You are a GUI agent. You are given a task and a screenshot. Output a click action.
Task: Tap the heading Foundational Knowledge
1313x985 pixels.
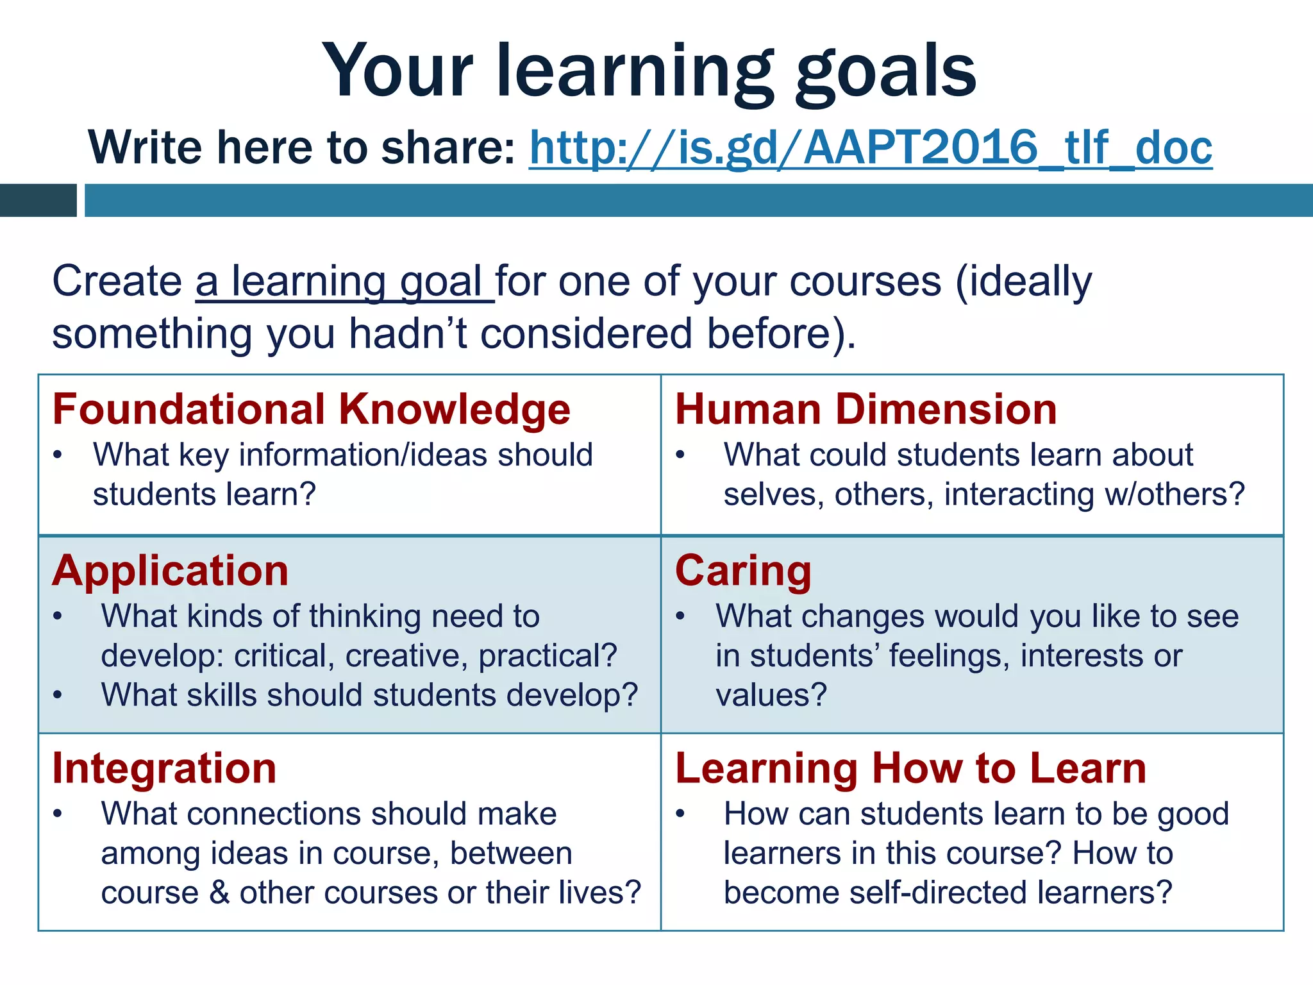click(x=312, y=409)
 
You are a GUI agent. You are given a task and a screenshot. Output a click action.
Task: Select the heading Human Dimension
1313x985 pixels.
click(x=866, y=409)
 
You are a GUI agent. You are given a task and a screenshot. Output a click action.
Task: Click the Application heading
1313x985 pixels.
click(x=171, y=571)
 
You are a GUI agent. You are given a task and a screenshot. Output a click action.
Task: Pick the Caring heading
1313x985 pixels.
click(x=743, y=571)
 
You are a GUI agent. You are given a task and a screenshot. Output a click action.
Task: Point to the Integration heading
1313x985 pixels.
click(x=164, y=768)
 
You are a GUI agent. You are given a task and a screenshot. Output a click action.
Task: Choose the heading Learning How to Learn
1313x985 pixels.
click(x=910, y=768)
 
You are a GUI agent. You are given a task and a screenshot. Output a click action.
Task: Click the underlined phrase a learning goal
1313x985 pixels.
click(x=344, y=282)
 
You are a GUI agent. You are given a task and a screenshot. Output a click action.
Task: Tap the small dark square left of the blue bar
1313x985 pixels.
click(x=38, y=200)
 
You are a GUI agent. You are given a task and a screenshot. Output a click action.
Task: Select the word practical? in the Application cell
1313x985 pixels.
click(x=548, y=656)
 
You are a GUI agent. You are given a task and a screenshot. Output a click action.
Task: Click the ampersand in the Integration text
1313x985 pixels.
click(x=219, y=893)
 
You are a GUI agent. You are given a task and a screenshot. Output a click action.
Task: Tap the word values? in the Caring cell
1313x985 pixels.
click(x=771, y=695)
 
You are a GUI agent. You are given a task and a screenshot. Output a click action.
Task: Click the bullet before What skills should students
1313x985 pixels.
click(x=58, y=695)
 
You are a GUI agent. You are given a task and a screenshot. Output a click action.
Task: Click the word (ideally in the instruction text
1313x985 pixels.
click(x=1024, y=282)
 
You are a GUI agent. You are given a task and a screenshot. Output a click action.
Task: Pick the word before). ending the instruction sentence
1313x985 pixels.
click(x=781, y=334)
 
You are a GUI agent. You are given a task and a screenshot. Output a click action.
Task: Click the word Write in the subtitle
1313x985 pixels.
click(x=145, y=147)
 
